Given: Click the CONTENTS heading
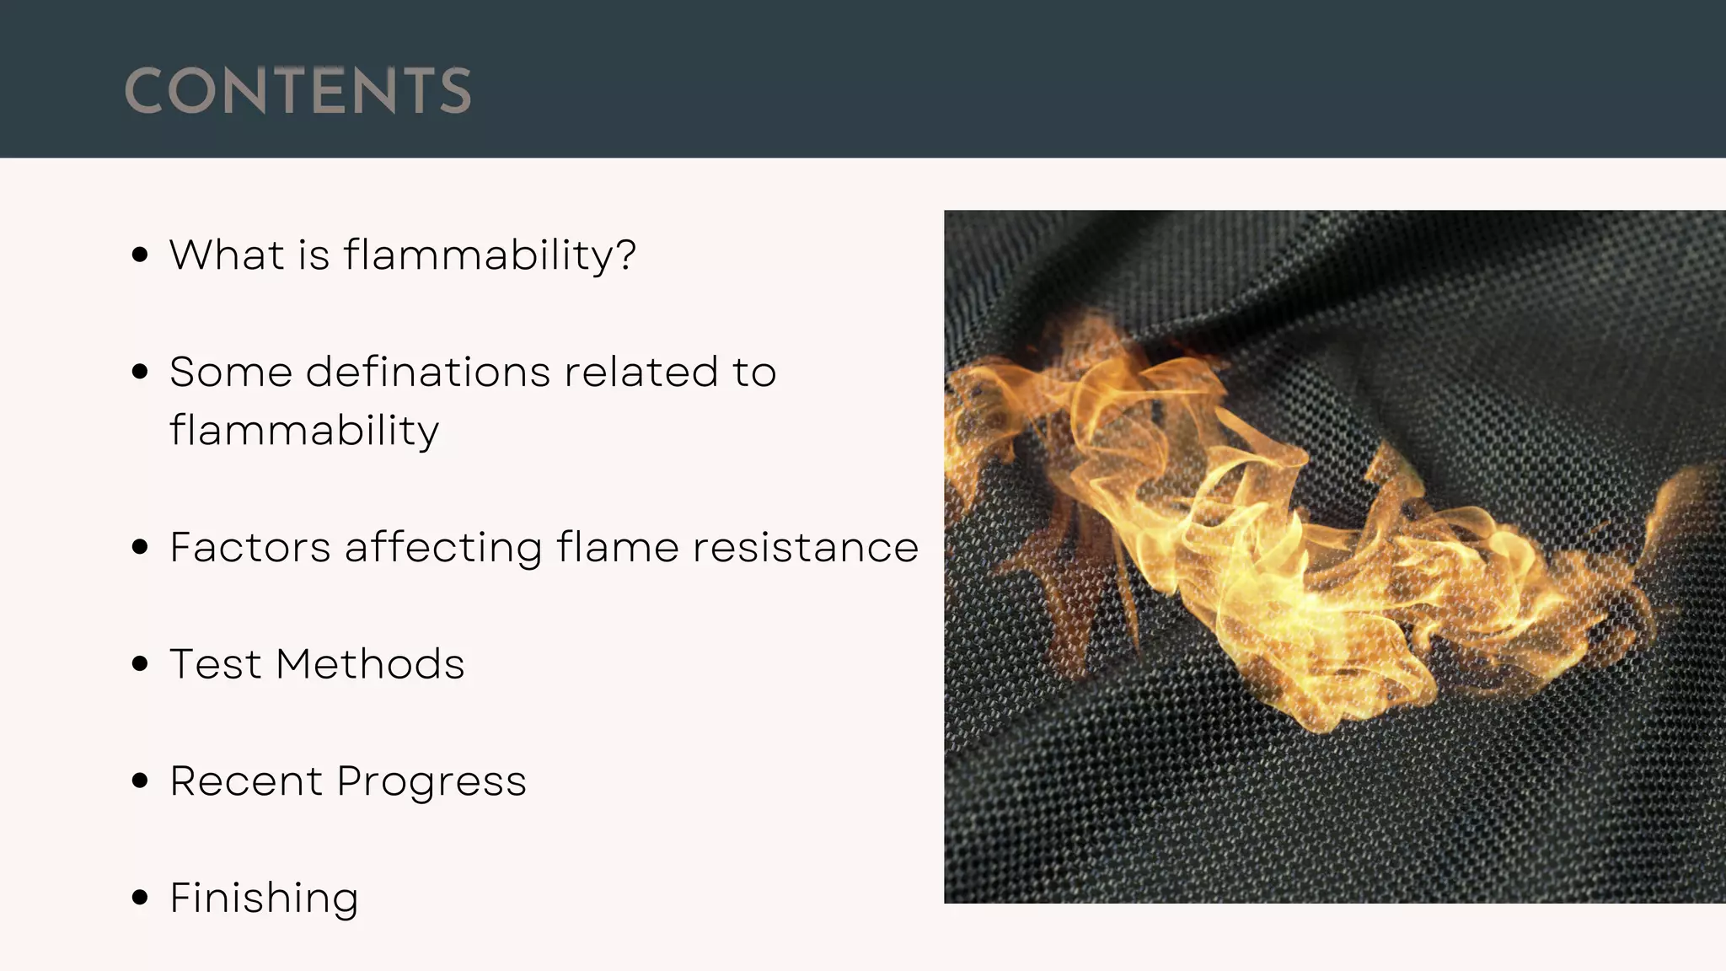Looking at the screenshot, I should point(297,90).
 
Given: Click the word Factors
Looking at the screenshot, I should point(249,547).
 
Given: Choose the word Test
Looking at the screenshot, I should point(216,663).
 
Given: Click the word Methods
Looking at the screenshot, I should point(370,663).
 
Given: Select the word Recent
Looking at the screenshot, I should point(246,781).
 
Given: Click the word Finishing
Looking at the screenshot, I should point(264,899).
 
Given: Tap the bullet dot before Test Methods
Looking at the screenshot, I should point(141,664).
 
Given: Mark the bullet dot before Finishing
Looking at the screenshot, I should point(141,898).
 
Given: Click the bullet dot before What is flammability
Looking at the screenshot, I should point(141,255).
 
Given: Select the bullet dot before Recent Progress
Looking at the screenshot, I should point(141,781).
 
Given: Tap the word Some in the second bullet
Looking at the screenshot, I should point(230,372).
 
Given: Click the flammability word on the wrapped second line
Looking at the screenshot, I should point(304,432).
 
